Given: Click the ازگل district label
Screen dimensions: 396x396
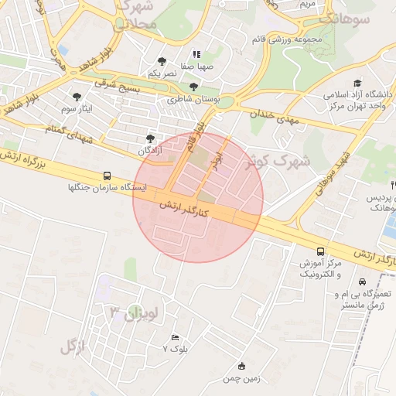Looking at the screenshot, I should coord(72,346).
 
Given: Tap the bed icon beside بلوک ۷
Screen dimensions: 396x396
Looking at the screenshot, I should coord(175,338).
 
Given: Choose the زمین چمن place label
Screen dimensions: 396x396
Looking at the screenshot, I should coord(240,378).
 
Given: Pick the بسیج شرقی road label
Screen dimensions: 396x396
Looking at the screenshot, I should coord(117,84).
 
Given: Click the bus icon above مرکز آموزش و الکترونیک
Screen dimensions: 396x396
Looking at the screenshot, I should coord(320,251).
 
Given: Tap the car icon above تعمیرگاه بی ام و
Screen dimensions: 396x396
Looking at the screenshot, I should coord(363,282).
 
